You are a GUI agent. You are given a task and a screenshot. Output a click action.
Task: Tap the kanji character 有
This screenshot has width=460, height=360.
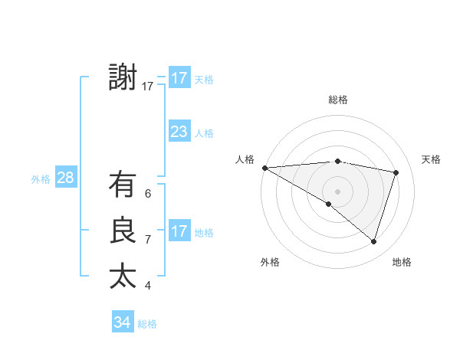[x=123, y=185]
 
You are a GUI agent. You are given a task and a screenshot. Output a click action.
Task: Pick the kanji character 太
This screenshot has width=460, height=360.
[x=123, y=277]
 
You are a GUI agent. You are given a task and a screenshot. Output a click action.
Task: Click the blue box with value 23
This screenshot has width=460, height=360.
[x=179, y=132]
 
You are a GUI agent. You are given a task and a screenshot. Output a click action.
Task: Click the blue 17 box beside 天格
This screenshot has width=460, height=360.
[x=179, y=78]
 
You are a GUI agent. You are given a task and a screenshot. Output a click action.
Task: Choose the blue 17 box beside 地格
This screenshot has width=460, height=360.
[x=179, y=231]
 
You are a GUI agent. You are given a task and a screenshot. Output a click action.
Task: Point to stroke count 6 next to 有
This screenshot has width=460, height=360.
[x=148, y=194]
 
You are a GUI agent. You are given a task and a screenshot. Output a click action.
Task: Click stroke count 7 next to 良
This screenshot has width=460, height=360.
[x=148, y=240]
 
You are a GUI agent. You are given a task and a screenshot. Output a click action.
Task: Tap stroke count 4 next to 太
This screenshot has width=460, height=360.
[x=148, y=286]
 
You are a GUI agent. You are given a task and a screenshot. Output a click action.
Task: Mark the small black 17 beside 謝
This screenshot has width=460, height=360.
[x=148, y=87]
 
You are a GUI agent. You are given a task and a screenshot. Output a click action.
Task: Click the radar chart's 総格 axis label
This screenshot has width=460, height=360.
[x=338, y=100]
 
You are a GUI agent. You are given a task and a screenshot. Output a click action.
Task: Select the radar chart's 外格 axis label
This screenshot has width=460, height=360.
[x=269, y=262]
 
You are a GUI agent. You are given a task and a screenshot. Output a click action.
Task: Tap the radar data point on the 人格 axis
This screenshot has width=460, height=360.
[x=264, y=167]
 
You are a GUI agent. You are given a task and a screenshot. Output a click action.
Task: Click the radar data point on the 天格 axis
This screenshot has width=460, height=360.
[x=396, y=172]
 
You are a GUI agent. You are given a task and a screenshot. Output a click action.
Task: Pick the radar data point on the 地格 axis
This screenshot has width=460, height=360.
[x=373, y=241]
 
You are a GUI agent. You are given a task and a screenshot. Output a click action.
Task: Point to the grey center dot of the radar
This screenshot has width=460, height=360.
[x=337, y=191]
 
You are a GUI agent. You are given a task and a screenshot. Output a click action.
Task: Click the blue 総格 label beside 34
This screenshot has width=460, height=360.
[x=147, y=324]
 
